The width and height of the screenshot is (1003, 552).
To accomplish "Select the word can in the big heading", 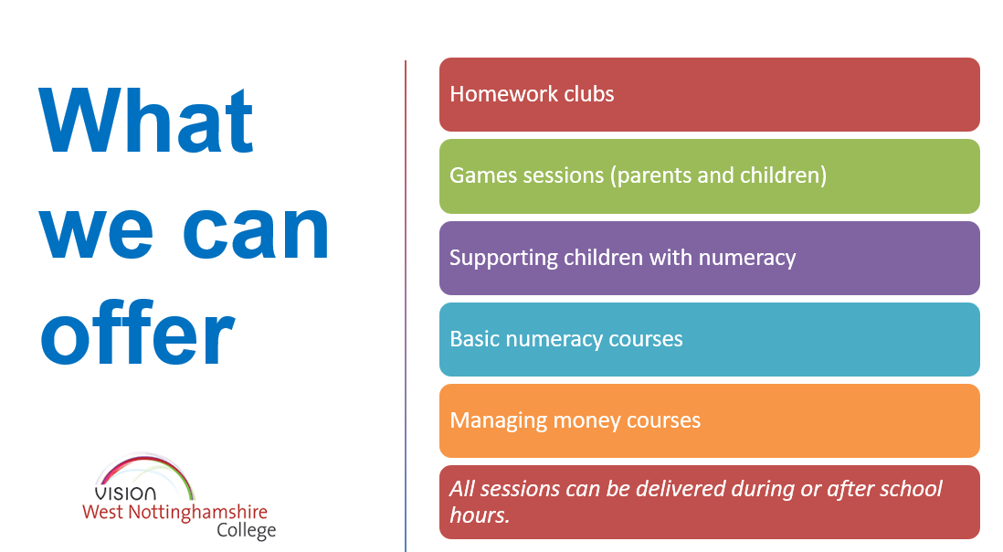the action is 256,231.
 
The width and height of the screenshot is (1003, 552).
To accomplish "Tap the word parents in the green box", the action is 650,175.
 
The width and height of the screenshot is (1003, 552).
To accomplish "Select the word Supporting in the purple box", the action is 504,258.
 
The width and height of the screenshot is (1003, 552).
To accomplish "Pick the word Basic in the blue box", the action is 475,339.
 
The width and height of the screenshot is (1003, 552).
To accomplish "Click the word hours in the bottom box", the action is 479,515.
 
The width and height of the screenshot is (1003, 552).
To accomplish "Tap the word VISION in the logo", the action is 125,494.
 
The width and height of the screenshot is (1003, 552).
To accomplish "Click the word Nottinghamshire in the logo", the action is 197,513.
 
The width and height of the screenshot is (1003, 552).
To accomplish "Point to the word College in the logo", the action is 247,531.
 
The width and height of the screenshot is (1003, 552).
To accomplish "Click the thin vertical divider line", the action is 406,306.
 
